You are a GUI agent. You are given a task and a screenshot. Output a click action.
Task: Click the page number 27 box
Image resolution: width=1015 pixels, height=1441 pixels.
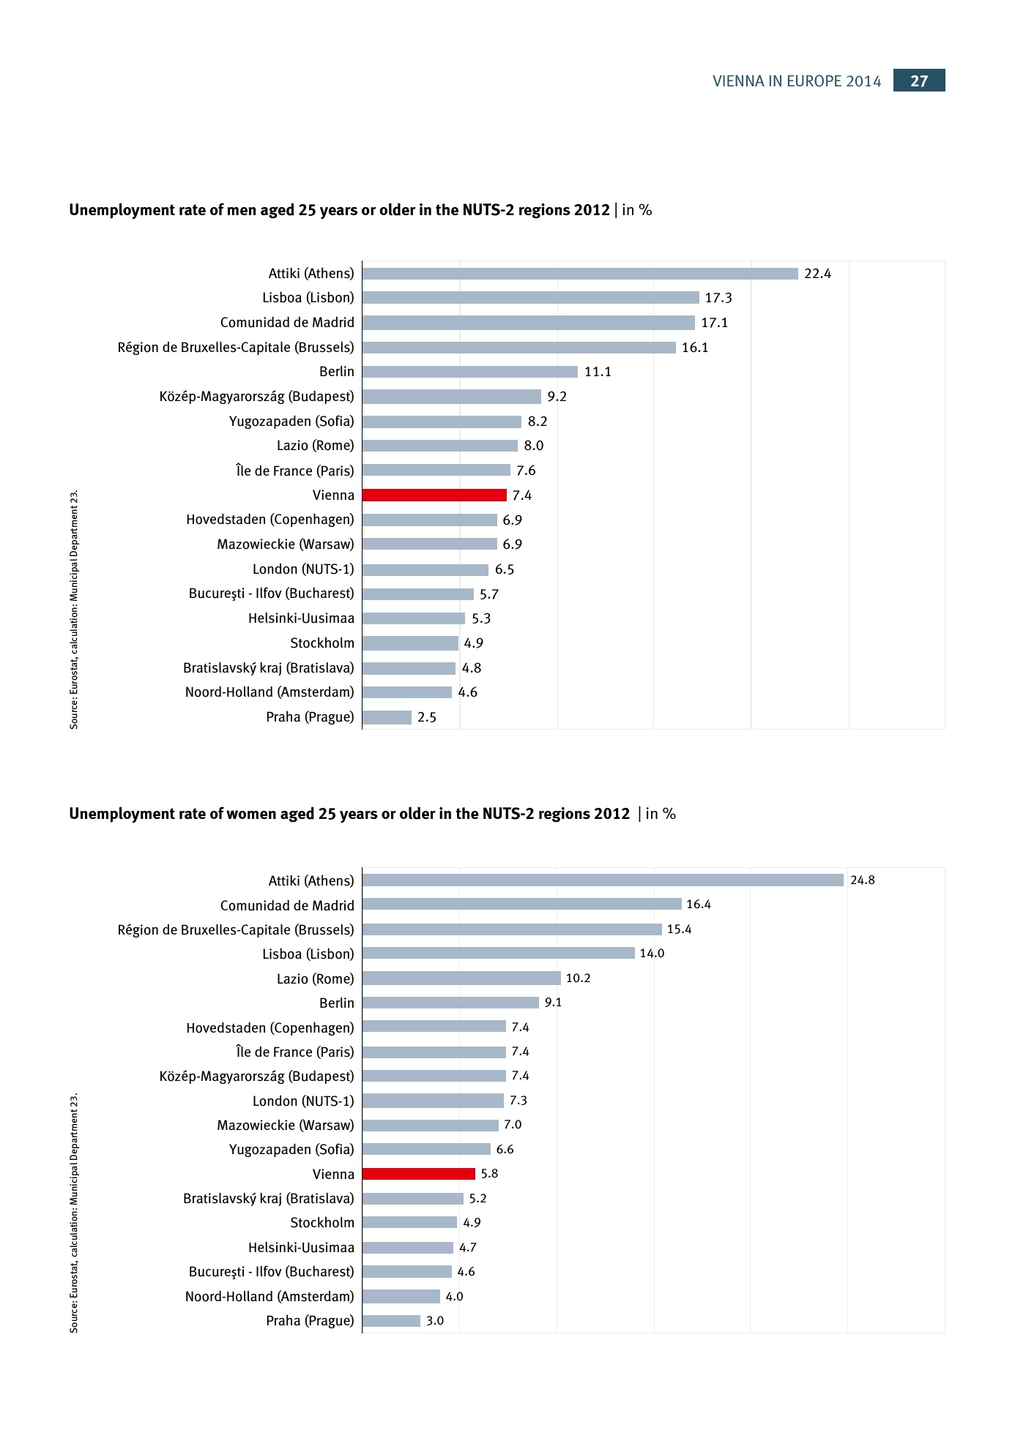[x=918, y=81]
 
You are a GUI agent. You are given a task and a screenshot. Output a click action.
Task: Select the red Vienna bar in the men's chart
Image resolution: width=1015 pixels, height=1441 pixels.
[x=434, y=495]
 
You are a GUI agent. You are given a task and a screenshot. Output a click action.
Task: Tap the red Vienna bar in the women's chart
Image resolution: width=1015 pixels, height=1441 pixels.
[x=419, y=1174]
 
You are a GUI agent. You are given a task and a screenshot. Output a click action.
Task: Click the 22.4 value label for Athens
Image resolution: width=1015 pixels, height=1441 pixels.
[x=817, y=274]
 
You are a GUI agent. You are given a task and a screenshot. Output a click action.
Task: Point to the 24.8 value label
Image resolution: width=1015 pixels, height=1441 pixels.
[x=862, y=880]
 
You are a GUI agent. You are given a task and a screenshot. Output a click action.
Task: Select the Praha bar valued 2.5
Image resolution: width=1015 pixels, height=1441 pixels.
[x=387, y=717]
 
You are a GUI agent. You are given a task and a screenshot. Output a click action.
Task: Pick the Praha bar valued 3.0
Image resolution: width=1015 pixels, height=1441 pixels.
[x=391, y=1321]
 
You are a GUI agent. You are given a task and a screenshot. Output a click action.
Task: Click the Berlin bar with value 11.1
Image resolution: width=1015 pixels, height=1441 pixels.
[x=469, y=372]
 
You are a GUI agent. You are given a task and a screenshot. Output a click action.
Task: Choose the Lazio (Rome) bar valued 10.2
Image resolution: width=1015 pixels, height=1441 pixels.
[x=461, y=978]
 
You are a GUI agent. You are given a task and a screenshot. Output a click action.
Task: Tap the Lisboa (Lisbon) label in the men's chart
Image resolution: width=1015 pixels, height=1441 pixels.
[x=308, y=298]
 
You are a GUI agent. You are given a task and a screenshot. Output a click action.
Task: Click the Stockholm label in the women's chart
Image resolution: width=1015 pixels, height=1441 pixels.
[x=321, y=1223]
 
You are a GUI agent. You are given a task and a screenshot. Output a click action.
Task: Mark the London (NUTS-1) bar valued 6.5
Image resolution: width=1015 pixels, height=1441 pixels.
[x=425, y=569]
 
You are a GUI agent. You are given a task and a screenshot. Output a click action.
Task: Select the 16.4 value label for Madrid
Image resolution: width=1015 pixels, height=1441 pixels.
[x=699, y=905]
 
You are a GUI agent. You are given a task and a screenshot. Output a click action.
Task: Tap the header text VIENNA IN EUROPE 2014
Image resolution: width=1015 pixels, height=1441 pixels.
[x=797, y=81]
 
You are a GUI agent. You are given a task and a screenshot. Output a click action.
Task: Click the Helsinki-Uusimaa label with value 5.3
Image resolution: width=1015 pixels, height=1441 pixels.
[x=301, y=618]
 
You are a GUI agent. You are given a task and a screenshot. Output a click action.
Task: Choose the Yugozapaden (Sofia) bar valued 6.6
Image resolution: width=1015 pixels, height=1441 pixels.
[x=426, y=1150]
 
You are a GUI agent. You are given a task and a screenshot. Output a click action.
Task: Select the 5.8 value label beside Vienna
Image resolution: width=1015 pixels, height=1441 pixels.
[x=489, y=1174]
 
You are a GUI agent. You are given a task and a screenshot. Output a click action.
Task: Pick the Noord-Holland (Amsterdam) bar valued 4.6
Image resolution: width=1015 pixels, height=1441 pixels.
[x=406, y=692]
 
